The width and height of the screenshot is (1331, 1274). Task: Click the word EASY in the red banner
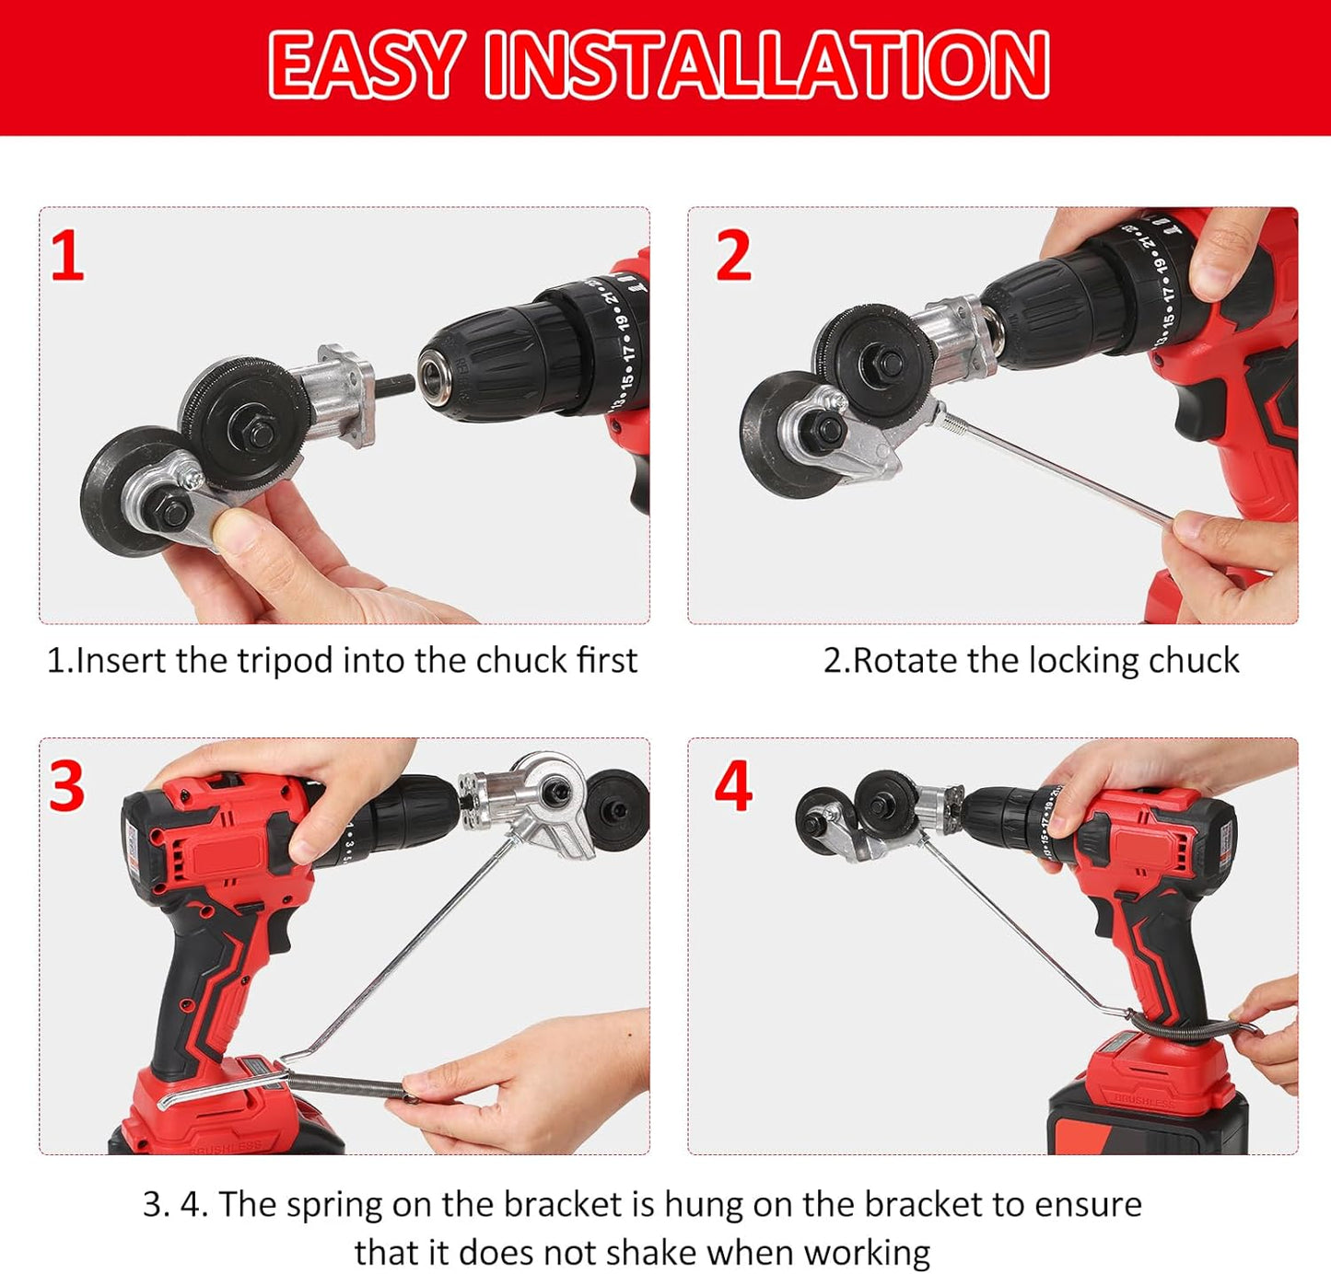pyautogui.click(x=365, y=64)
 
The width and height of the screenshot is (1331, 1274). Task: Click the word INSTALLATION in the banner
pyautogui.click(x=767, y=64)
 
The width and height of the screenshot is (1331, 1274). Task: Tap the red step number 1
pyautogui.click(x=67, y=257)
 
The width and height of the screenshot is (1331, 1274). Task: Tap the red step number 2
pyautogui.click(x=733, y=257)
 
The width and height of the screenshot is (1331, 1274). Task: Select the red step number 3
pyautogui.click(x=67, y=787)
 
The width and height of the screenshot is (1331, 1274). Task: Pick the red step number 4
pyautogui.click(x=733, y=787)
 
